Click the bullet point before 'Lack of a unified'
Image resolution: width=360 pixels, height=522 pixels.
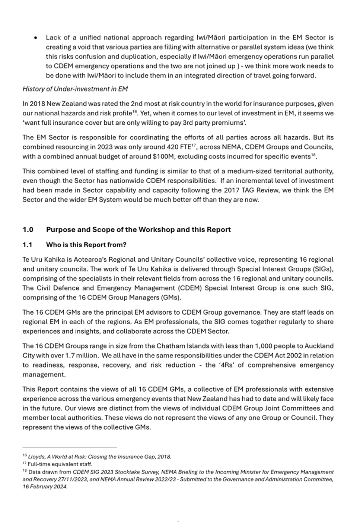(35, 38)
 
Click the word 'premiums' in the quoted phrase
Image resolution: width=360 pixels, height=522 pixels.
(229, 122)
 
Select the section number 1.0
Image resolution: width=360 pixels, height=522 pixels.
(28, 230)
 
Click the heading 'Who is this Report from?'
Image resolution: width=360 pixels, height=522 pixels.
(86, 245)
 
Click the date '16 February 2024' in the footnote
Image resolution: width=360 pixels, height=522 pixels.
(45, 487)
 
